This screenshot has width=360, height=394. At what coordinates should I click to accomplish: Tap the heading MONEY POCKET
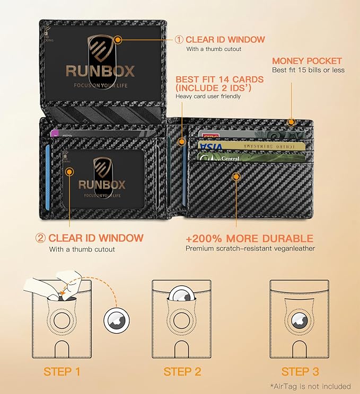(x=307, y=61)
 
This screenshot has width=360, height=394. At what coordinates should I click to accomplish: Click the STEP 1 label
(x=62, y=371)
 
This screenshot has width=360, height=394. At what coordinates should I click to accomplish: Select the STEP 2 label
(x=182, y=371)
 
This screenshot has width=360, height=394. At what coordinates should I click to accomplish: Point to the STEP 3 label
(x=300, y=371)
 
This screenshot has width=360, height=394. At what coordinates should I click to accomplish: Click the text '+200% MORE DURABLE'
(x=250, y=238)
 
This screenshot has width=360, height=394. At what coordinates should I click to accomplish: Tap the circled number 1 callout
(x=179, y=40)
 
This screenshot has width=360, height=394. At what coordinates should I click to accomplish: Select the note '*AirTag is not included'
(x=310, y=386)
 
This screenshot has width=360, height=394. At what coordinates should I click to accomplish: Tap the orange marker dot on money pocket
(x=291, y=122)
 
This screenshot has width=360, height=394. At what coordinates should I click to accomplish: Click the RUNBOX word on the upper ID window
(x=100, y=71)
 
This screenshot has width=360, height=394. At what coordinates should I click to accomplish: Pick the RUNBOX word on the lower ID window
(x=102, y=184)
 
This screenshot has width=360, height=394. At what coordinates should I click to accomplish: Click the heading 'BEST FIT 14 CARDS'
(x=219, y=79)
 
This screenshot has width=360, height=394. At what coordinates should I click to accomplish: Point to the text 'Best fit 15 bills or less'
(x=308, y=70)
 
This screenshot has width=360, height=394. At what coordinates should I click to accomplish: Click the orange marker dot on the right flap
(x=236, y=177)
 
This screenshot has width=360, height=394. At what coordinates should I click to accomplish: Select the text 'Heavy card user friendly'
(x=208, y=96)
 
